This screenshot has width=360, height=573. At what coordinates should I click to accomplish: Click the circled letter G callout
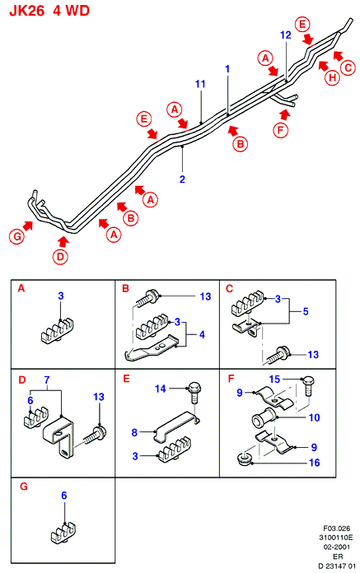point(16,237)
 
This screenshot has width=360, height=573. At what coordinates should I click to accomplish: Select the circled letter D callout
point(60,257)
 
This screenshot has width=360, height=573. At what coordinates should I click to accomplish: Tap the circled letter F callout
point(281,130)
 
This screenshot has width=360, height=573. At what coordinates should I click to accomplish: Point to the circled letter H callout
point(332,77)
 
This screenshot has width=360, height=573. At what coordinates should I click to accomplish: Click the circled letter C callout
point(348,68)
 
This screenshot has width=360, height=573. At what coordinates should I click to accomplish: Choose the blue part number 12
point(286,35)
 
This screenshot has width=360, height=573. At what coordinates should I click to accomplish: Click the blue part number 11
point(200,84)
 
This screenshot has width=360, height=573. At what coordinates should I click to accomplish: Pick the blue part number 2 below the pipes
point(182,179)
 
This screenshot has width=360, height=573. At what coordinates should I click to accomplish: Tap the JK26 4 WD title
point(49,11)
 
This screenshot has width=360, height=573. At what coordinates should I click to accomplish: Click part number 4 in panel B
point(202,335)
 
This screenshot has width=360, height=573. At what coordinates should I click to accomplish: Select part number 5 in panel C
point(306,311)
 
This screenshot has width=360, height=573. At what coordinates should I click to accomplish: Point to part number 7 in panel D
point(47,380)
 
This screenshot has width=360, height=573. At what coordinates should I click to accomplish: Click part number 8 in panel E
point(134,433)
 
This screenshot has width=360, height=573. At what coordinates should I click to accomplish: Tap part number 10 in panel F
point(315,417)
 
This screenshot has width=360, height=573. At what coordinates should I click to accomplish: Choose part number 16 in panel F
point(315,463)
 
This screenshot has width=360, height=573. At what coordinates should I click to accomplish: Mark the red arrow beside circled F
point(285,114)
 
